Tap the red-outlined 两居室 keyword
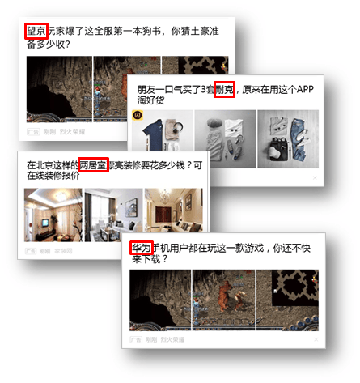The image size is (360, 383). click(x=93, y=164)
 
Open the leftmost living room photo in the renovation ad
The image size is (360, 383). click(x=53, y=215)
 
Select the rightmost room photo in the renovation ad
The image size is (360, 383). click(x=173, y=215)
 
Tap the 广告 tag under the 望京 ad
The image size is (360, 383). click(x=33, y=130)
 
